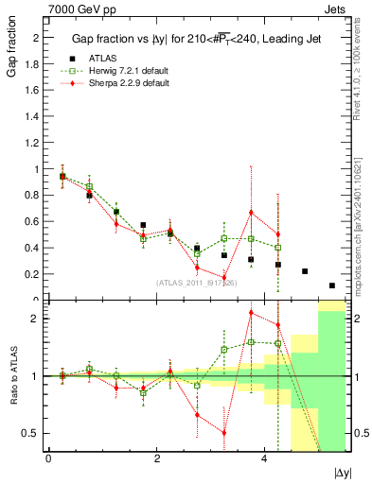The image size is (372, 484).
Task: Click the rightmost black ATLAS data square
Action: (x=332, y=285)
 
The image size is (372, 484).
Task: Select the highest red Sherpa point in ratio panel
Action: (x=251, y=313)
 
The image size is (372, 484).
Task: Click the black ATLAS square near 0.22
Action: (x=305, y=271)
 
